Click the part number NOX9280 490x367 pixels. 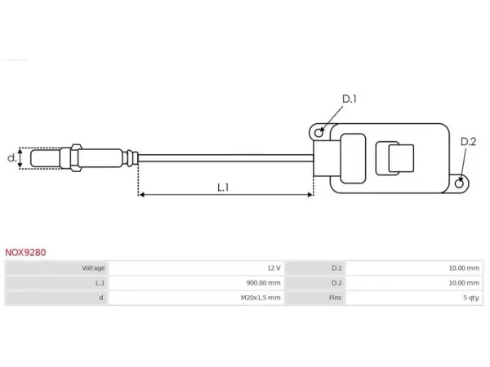pos(25,252)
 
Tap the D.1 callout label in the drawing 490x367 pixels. pos(350,99)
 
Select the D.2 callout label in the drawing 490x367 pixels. pos(468,142)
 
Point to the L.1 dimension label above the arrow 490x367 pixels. pos(223,188)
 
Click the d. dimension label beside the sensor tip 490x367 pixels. pos(11,158)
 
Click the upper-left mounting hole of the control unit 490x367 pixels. pos(318,133)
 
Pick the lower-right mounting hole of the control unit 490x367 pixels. pos(459,183)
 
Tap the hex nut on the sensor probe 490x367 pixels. pos(76,157)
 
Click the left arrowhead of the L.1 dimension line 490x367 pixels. pos(141,195)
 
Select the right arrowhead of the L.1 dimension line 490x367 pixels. pos(310,195)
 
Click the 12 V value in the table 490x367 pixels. pos(274,268)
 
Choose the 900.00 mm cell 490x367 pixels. pos(263,283)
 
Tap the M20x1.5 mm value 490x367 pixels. pos(261,298)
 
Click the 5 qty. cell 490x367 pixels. pos(471,298)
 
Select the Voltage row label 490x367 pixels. pos(93,268)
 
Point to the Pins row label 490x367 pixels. pos(335,298)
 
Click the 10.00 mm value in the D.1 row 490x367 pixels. pos(464,268)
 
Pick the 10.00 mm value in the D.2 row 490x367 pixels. pos(464,283)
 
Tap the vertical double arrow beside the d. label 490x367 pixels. pos(20,158)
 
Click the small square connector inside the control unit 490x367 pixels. pos(401,158)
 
